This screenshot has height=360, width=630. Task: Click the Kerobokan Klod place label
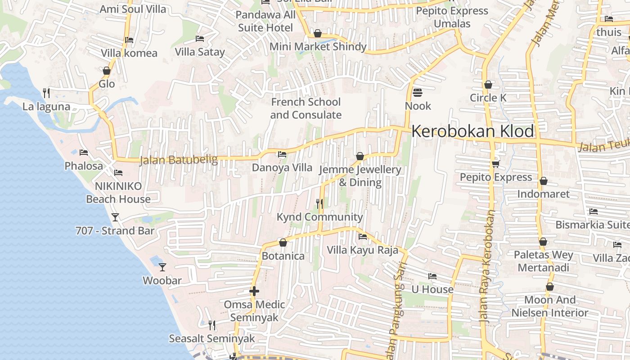pyautogui.click(x=472, y=131)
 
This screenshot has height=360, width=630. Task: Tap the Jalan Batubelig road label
pyautogui.click(x=179, y=160)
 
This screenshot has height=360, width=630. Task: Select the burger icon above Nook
pyautogui.click(x=418, y=93)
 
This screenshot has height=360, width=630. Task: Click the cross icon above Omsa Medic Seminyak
pyautogui.click(x=254, y=291)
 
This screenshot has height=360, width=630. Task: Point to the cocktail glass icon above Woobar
pyautogui.click(x=162, y=267)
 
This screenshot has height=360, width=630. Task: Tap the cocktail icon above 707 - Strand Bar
pyautogui.click(x=115, y=217)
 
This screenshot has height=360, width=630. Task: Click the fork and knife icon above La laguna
pyautogui.click(x=46, y=93)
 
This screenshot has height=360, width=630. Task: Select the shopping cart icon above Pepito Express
pyautogui.click(x=496, y=163)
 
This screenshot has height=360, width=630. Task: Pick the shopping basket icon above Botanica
pyautogui.click(x=283, y=243)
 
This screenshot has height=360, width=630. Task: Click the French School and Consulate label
pyautogui.click(x=306, y=108)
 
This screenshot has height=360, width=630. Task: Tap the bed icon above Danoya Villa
pyautogui.click(x=282, y=154)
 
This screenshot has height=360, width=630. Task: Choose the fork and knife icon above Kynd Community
pyautogui.click(x=319, y=203)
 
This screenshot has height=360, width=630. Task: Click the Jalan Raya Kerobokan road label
pyautogui.click(x=488, y=265)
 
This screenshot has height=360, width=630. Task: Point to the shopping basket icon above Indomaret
pyautogui.click(x=544, y=181)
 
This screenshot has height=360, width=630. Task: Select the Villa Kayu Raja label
pyautogui.click(x=362, y=250)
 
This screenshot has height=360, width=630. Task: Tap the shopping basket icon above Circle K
pyautogui.click(x=488, y=85)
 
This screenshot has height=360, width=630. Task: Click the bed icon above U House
pyautogui.click(x=432, y=276)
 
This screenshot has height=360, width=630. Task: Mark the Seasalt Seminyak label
pyautogui.click(x=211, y=338)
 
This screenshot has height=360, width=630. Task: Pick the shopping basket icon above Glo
pyautogui.click(x=107, y=71)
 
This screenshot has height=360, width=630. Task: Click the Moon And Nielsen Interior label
pyautogui.click(x=550, y=306)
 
